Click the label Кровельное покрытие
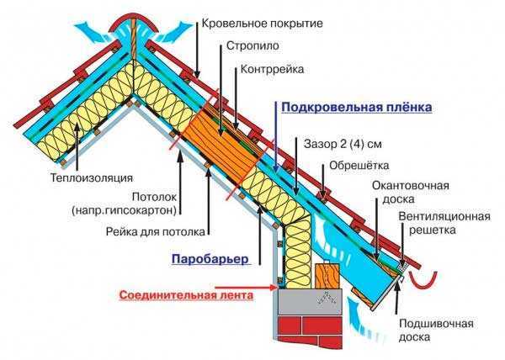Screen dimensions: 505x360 [x=262, y=24]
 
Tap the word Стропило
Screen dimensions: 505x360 [x=252, y=45]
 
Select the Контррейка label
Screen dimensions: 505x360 [x=273, y=69]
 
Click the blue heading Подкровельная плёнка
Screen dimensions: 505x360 [x=357, y=107]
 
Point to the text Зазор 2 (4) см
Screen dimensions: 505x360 [x=343, y=144]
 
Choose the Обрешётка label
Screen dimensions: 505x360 [x=359, y=166]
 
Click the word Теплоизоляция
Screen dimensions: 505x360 [x=92, y=177]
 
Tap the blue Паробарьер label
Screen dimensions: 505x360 [x=210, y=259]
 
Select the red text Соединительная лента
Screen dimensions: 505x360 [x=186, y=295]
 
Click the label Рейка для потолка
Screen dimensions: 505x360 [x=155, y=231]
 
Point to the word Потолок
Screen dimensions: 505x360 [x=155, y=197]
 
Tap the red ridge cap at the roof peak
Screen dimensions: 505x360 [x=133, y=24]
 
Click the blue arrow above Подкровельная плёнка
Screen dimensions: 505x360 [x=276, y=136]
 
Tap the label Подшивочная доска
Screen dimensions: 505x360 [x=436, y=330]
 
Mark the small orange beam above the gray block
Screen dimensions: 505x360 [x=327, y=276]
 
